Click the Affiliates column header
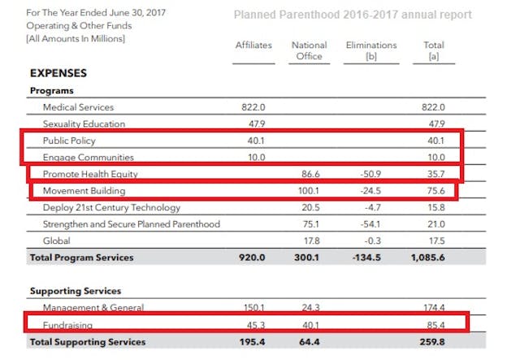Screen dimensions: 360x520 [253, 45]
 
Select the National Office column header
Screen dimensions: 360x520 [309, 50]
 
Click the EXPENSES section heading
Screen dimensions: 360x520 [58, 73]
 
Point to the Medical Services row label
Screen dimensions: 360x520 [78, 107]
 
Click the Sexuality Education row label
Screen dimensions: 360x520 [84, 124]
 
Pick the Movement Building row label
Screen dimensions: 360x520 [83, 190]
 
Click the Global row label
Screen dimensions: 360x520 [56, 241]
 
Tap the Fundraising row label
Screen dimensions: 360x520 [67, 325]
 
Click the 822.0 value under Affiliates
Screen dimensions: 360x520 [253, 107]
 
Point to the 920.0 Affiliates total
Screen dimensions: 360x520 [253, 258]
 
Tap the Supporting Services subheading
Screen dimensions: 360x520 [76, 291]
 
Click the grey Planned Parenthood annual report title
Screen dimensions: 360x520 [352, 15]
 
